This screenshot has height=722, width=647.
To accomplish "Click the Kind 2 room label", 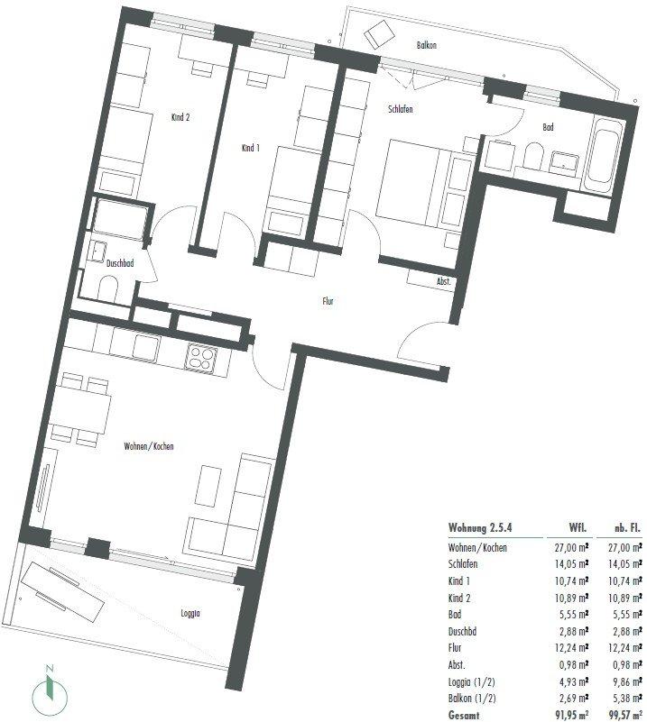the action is (180, 117).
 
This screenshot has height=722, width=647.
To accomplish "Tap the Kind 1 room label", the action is (250, 148).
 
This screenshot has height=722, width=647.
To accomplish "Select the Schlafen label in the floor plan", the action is (400, 109).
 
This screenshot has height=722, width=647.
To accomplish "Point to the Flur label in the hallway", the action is (328, 302).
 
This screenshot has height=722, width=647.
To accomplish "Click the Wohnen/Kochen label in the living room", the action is (149, 446).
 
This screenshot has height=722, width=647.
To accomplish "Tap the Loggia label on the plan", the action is (190, 613).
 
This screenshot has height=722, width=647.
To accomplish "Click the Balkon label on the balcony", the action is (426, 45).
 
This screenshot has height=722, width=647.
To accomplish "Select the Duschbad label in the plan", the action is (120, 263).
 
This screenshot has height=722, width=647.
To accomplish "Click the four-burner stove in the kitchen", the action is (201, 358).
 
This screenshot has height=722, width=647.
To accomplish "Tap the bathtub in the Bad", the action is (600, 156).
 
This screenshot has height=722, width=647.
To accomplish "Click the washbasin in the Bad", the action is (565, 162).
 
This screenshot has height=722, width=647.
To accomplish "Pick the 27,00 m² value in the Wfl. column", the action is (571, 547).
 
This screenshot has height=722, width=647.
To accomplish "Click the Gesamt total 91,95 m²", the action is (571, 715).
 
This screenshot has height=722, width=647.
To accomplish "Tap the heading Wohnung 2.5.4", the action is (480, 527).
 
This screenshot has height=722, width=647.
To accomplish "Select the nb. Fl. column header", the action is (627, 527).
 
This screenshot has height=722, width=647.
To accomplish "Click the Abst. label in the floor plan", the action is (443, 281).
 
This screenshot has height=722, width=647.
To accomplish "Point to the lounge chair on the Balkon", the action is (379, 33).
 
